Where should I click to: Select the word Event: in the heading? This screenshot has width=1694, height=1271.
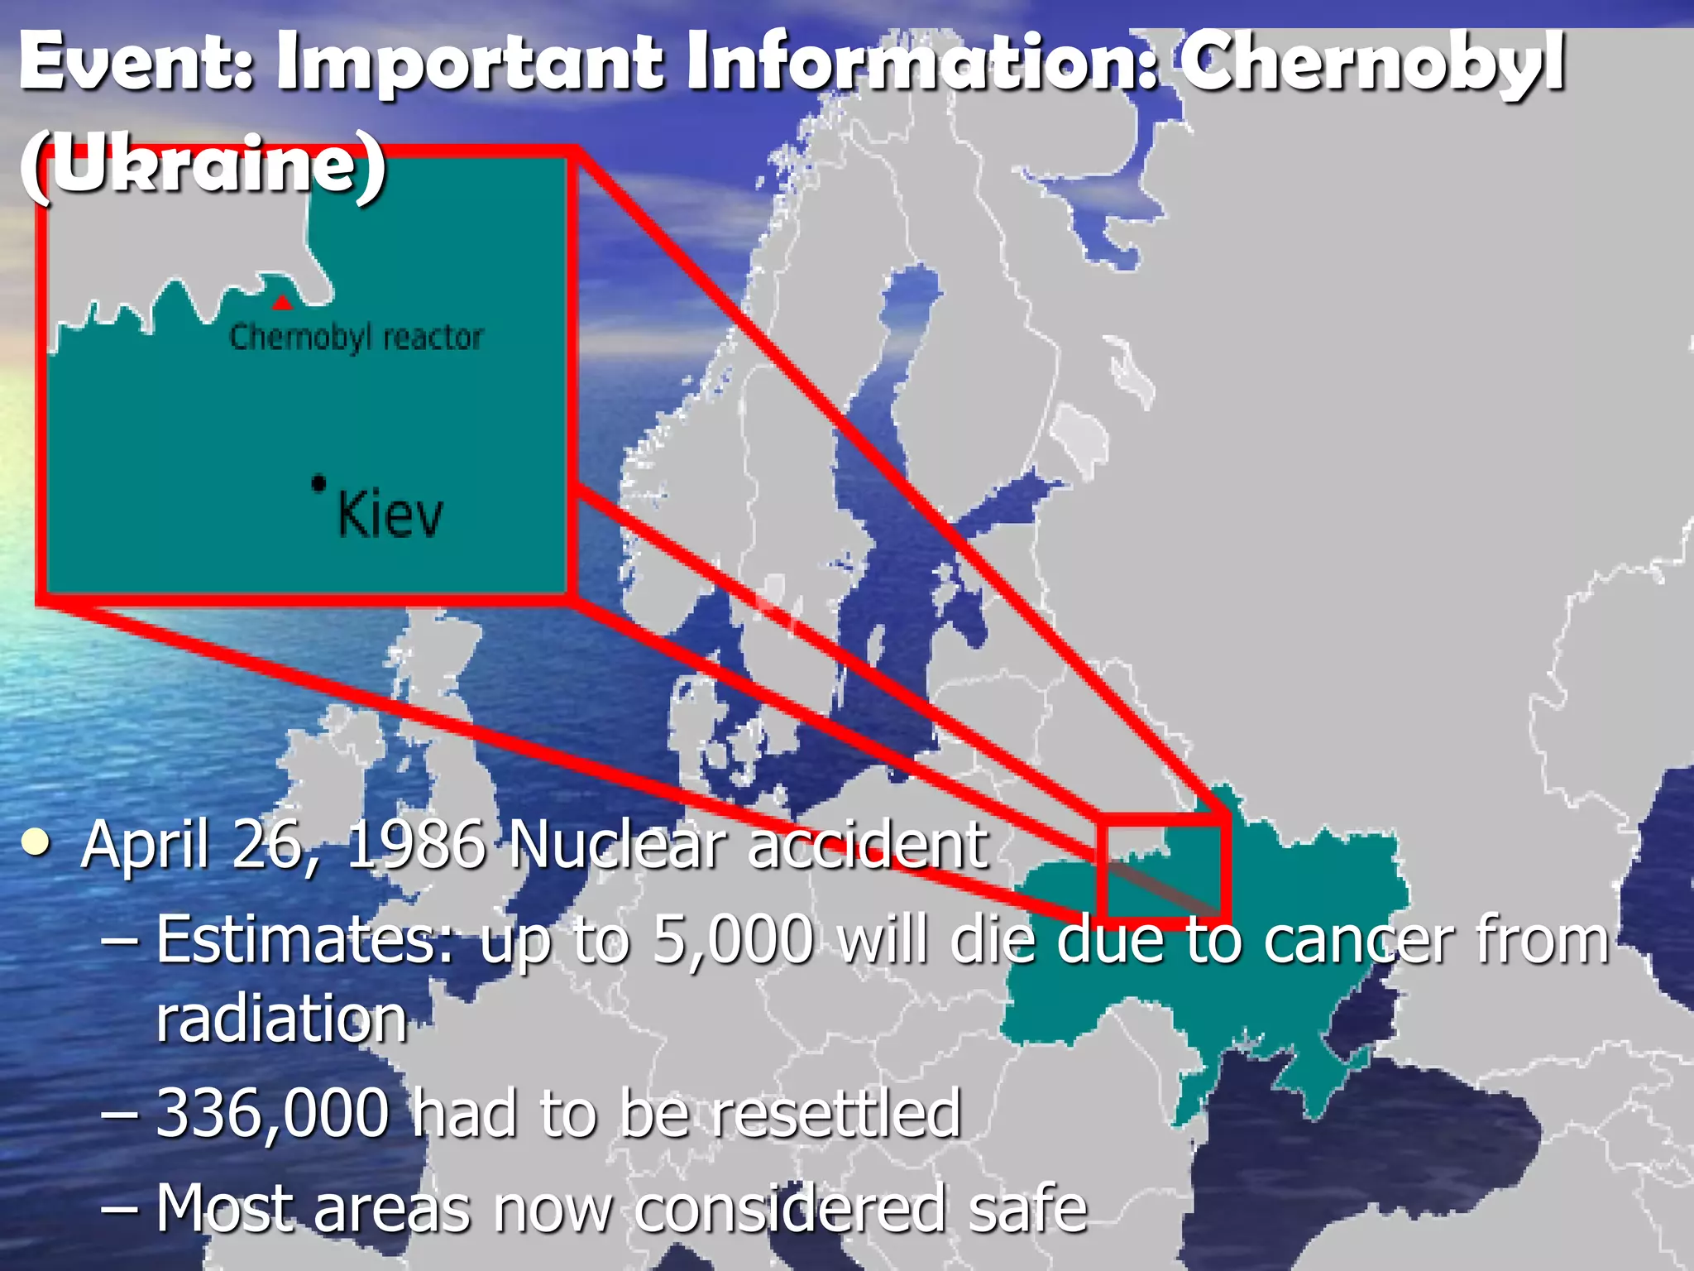point(136,62)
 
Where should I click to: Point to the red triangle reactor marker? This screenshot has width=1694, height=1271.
point(282,302)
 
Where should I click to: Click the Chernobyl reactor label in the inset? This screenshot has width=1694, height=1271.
point(356,338)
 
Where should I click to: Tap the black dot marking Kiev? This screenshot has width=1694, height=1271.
point(318,482)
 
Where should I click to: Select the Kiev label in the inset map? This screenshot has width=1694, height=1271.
point(390,515)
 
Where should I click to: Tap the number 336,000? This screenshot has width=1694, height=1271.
point(272,1114)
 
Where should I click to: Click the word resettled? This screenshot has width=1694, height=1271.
point(836,1114)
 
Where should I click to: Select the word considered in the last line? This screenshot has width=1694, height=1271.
point(790,1208)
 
